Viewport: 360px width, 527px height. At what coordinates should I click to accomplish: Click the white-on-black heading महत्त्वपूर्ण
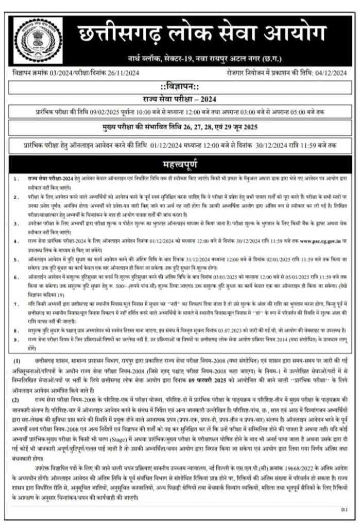pos(180,165)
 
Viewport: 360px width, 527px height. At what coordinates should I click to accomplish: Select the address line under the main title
pos(204,58)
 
